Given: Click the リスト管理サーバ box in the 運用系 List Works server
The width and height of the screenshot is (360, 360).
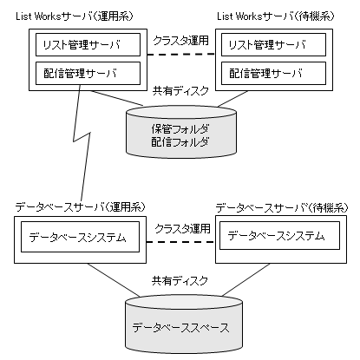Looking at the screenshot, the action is tap(88, 44).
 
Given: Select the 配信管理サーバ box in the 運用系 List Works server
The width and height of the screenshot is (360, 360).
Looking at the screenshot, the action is tap(88, 73).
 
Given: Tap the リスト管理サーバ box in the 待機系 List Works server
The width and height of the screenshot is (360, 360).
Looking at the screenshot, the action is tap(273, 44).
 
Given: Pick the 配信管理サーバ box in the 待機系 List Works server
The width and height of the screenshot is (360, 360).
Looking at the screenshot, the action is tap(273, 73).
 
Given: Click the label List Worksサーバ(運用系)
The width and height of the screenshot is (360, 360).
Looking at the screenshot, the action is tap(75, 16).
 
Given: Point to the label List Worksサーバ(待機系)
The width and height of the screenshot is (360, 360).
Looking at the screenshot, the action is tap(276, 16).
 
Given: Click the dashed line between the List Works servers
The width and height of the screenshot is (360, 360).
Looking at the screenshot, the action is tap(181, 54).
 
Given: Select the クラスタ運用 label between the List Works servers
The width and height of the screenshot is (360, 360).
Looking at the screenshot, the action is tap(180, 40).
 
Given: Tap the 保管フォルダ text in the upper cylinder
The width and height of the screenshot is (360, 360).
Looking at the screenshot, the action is tap(180, 129).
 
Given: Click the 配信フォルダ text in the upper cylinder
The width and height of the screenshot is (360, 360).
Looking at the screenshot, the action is tap(180, 142).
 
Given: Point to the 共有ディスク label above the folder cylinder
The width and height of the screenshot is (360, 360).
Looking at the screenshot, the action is tap(180, 91).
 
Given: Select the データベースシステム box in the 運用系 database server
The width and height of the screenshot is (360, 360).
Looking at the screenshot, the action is tap(80, 237).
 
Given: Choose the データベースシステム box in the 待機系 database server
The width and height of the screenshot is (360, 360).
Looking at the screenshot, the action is tap(279, 235).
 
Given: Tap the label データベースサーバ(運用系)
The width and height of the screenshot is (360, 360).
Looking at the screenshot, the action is tap(80, 207).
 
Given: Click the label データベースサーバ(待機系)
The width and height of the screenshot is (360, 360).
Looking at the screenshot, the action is tap(282, 207).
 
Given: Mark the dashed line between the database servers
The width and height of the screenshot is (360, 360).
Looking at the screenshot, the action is tap(180, 242).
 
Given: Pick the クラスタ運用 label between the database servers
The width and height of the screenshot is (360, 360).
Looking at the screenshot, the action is tap(182, 229).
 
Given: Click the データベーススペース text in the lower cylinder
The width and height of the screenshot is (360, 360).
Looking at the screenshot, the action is tap(180, 328).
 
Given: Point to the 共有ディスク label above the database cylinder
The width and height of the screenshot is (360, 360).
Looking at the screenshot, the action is tap(180, 280).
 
